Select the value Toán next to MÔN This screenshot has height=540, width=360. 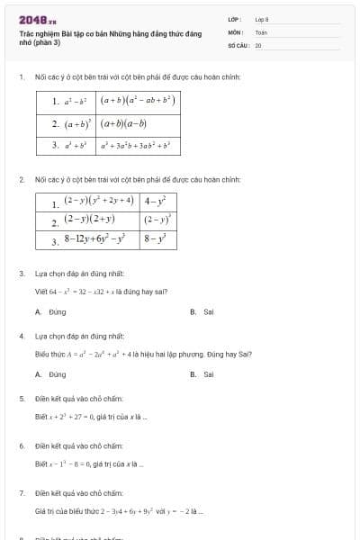pos(261,31)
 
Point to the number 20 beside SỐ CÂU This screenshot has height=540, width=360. pos(258,44)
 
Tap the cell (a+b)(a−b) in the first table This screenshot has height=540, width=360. pos(123,123)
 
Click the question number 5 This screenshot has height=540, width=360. pos(21,398)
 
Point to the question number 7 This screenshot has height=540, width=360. pos(21,493)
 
